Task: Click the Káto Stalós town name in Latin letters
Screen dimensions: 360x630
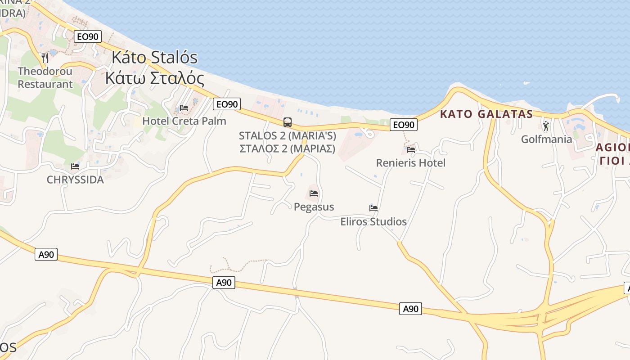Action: tap(154, 58)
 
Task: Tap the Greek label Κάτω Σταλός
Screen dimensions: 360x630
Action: tap(154, 78)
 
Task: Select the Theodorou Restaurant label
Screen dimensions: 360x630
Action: tap(45, 77)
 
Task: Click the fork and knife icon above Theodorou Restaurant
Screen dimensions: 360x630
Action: tap(45, 58)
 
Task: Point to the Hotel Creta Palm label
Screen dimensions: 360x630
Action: tap(184, 121)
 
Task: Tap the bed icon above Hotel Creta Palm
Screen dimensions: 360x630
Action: tap(184, 108)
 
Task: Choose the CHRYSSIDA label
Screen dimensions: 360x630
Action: tap(75, 180)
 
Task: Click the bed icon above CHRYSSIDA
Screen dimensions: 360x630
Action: tap(75, 166)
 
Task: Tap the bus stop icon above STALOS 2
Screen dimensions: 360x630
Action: tap(287, 122)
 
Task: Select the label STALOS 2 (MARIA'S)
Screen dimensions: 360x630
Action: tap(287, 135)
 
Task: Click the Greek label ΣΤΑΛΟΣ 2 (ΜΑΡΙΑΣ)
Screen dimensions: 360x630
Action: tap(287, 148)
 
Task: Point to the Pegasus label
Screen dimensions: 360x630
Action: tap(314, 207)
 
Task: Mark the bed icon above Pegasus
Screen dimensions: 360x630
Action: tap(314, 193)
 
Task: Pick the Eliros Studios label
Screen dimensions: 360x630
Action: tap(373, 221)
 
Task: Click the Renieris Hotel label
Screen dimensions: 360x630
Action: tap(410, 163)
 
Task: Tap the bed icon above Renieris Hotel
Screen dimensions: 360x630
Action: tap(410, 149)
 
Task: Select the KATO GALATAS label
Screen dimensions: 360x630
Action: tap(486, 114)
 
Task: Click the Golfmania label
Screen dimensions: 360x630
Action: tap(546, 139)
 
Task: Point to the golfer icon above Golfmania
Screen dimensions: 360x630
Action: tap(546, 126)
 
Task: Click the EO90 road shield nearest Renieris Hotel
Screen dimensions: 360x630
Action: tap(403, 125)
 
